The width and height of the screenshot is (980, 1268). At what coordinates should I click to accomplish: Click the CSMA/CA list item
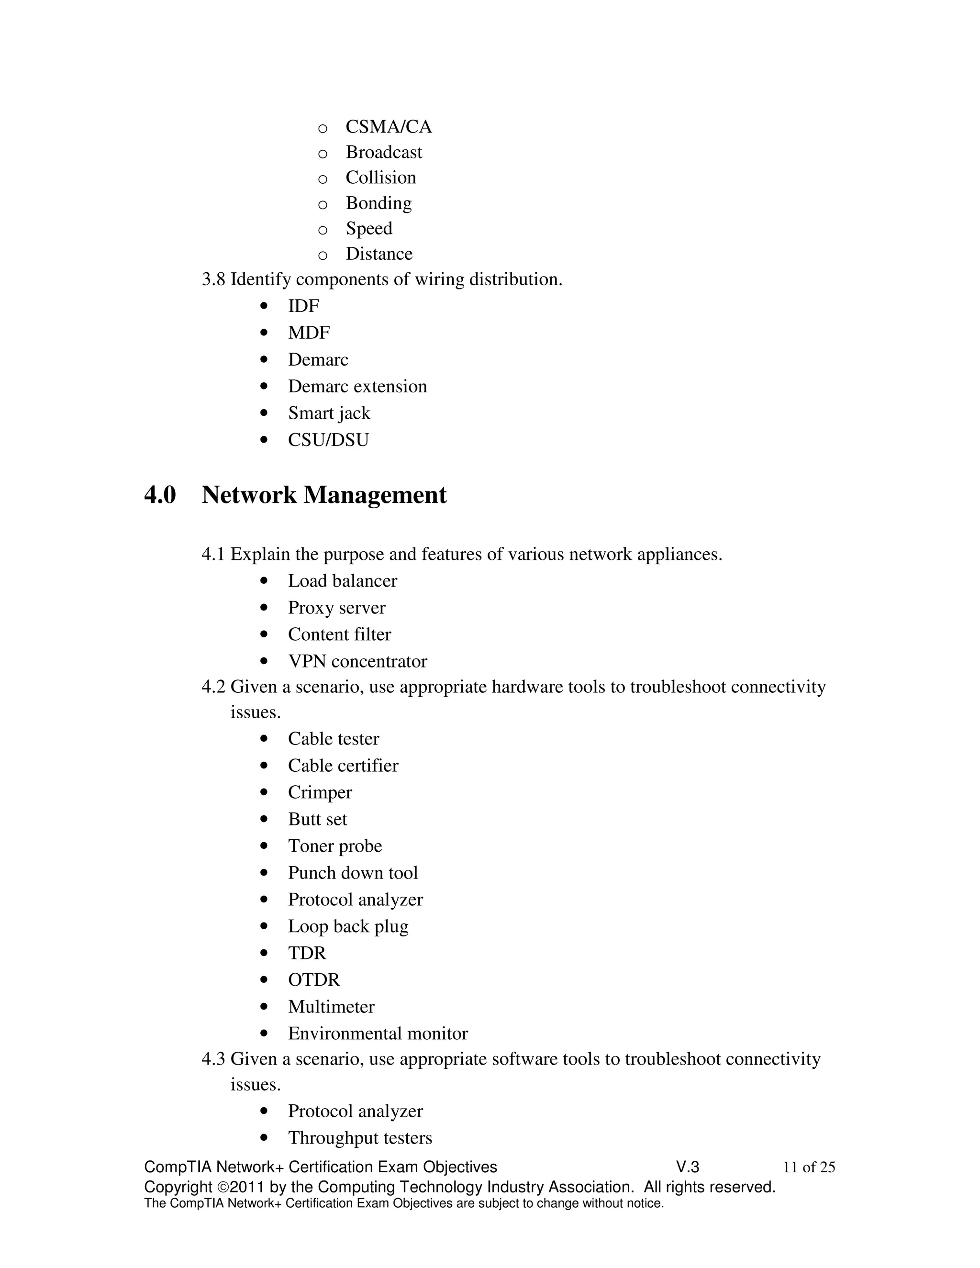click(389, 127)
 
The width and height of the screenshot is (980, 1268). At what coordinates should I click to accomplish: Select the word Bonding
click(379, 203)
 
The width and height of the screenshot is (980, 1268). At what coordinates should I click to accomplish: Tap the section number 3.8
click(213, 279)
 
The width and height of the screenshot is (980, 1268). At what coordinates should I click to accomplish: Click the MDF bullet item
click(309, 333)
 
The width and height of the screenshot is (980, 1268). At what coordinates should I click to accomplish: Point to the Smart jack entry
click(329, 413)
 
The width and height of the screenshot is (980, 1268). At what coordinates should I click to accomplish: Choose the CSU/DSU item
click(328, 440)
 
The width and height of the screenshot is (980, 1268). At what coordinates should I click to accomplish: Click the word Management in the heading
click(375, 495)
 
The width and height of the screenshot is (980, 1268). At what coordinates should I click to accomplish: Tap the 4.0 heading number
click(160, 495)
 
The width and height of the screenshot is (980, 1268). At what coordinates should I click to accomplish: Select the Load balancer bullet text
click(343, 580)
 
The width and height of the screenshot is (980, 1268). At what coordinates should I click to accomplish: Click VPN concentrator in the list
click(357, 661)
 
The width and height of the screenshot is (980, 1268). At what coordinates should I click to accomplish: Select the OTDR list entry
click(313, 980)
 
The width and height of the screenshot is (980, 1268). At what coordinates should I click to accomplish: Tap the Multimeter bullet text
click(331, 1007)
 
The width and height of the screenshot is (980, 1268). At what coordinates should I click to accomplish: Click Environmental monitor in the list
click(378, 1034)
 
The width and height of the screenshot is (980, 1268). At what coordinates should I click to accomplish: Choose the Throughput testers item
click(360, 1138)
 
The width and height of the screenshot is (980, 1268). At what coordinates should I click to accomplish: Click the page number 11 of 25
click(808, 1167)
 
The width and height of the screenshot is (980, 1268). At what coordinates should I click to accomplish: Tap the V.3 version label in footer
click(688, 1167)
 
